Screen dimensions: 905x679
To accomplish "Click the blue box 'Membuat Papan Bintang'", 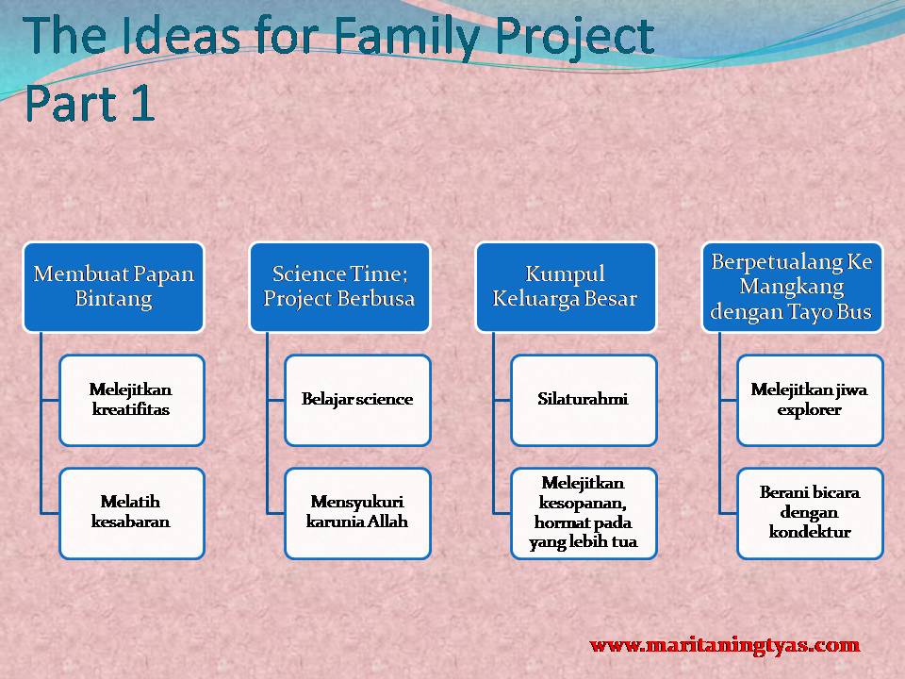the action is click(114, 287).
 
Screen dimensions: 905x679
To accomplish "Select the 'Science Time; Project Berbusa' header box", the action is click(339, 287).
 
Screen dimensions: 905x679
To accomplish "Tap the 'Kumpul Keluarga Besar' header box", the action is click(566, 287).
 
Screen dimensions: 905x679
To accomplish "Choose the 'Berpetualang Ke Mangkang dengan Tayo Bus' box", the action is click(792, 287).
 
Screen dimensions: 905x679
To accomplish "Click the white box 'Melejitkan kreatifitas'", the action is click(132, 400).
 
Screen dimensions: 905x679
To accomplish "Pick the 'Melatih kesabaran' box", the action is click(132, 513).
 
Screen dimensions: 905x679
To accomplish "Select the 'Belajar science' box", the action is click(358, 400).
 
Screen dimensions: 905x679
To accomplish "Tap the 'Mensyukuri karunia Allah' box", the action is click(358, 513).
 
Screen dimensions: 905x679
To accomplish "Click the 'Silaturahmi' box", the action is click(584, 400).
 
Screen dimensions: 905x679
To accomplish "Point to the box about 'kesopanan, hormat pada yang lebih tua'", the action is click(584, 513).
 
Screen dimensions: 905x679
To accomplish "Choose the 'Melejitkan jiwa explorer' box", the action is click(810, 400).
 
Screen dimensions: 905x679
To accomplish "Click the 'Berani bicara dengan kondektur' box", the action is click(810, 513).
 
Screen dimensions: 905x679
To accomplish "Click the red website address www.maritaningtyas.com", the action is click(725, 645).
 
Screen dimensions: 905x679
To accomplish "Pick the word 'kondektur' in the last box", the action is click(810, 532).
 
